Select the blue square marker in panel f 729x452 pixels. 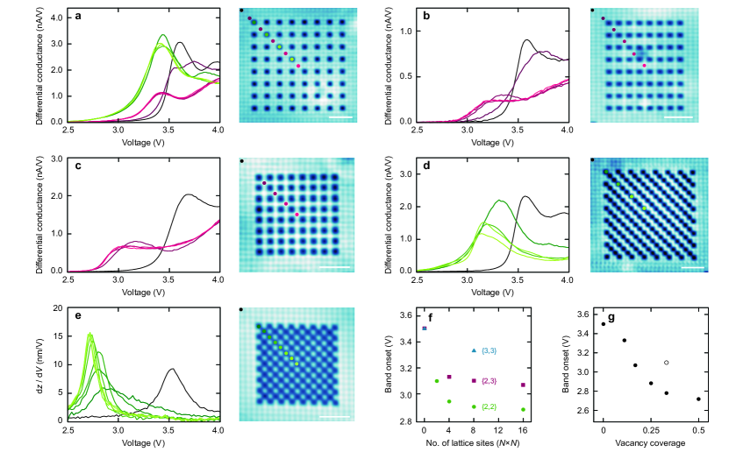pos(425,328)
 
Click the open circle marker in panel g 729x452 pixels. pos(667,363)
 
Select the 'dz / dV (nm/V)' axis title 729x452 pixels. pos(41,364)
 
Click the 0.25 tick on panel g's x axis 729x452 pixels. pos(651,431)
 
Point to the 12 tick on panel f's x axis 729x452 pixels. pos(498,431)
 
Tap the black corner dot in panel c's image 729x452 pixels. pos(241,161)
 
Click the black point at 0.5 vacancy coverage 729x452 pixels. pos(698,399)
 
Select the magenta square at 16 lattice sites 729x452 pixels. pos(524,385)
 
